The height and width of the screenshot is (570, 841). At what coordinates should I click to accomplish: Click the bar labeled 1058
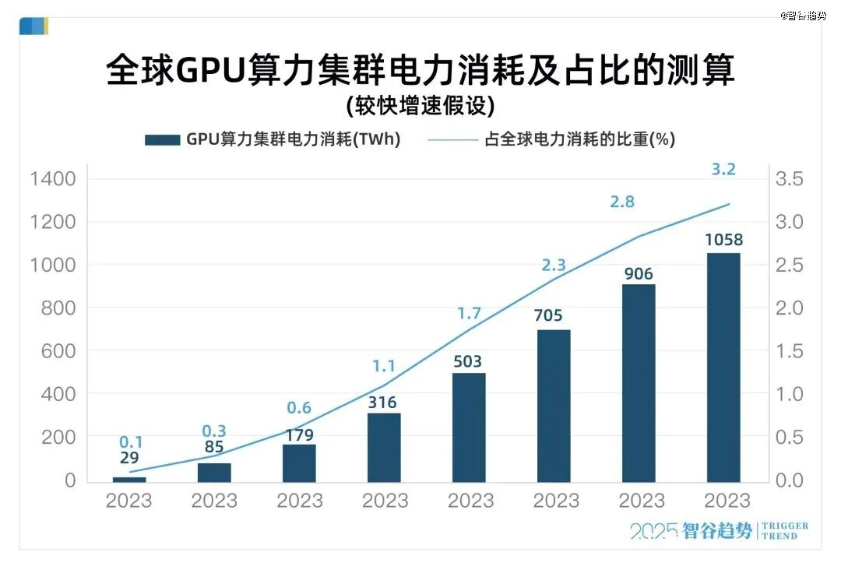click(x=723, y=367)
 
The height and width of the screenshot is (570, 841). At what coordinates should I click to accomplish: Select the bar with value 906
click(x=639, y=383)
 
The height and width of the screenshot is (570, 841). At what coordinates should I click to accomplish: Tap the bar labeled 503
click(x=469, y=427)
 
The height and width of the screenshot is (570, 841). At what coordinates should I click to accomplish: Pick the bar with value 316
click(x=384, y=447)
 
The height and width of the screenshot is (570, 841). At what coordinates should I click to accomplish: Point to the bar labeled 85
click(x=214, y=473)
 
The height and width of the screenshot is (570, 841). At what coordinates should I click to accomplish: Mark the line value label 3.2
click(x=723, y=169)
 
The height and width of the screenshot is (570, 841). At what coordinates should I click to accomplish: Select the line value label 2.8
click(x=622, y=202)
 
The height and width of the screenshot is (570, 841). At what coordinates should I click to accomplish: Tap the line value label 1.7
click(x=469, y=315)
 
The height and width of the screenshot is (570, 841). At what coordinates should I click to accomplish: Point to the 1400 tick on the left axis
click(x=53, y=179)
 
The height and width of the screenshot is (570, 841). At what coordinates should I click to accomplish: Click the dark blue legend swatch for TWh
click(x=162, y=140)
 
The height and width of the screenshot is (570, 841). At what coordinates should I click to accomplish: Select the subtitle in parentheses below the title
click(x=420, y=105)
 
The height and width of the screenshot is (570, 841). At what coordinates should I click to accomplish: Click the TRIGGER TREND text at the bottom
click(x=784, y=531)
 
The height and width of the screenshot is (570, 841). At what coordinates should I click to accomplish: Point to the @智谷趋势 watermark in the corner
click(x=803, y=16)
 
